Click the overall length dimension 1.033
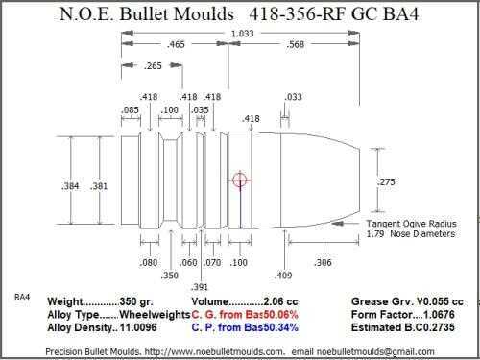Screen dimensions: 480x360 click(x=242, y=34)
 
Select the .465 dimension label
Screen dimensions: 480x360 click(x=176, y=44)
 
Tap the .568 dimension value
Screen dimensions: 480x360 click(x=295, y=44)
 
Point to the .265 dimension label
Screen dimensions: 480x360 click(x=153, y=66)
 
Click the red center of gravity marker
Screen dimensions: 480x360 click(x=240, y=180)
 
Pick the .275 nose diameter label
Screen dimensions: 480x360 click(x=386, y=181)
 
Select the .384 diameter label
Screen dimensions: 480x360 click(x=70, y=186)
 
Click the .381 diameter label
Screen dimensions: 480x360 click(x=99, y=186)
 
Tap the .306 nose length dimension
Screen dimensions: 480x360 click(x=323, y=263)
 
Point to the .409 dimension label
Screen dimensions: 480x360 click(x=283, y=276)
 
